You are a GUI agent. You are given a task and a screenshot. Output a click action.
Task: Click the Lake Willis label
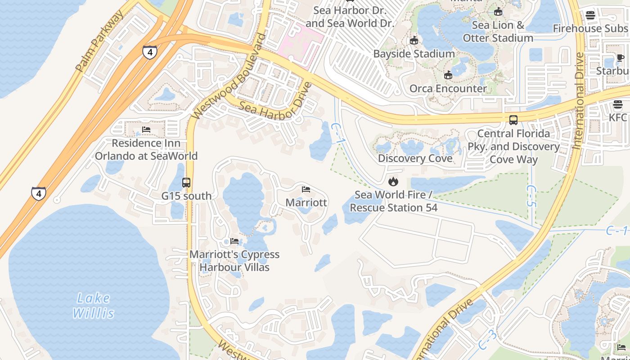click(94, 306)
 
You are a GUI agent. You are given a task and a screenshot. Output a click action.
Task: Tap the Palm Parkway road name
click(100, 42)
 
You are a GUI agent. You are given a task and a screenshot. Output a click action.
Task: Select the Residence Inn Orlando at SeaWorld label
click(146, 150)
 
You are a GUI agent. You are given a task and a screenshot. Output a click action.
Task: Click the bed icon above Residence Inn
click(146, 130)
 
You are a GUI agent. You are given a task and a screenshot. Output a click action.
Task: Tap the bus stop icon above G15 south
click(186, 182)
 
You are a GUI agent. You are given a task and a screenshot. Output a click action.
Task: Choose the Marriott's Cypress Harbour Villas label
click(234, 261)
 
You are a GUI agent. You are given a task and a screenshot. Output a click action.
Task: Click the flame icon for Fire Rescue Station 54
click(393, 181)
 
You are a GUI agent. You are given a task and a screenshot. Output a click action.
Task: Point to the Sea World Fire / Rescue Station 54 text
click(393, 201)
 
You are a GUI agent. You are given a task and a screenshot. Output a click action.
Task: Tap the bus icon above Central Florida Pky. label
click(513, 120)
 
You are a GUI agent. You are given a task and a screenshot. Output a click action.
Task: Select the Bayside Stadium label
click(414, 54)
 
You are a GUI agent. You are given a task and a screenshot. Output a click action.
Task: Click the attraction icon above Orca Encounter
click(448, 75)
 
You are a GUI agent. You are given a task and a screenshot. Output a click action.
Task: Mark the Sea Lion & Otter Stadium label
click(498, 31)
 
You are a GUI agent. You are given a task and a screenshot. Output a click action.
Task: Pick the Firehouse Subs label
click(590, 28)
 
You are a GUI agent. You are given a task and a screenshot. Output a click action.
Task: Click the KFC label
click(618, 117)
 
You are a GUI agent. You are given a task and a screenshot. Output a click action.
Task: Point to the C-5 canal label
click(531, 195)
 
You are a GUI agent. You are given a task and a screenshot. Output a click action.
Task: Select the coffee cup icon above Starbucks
click(620, 58)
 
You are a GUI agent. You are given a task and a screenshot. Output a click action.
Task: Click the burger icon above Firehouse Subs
click(590, 15)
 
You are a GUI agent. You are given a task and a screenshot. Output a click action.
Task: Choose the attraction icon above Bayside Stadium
click(414, 40)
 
